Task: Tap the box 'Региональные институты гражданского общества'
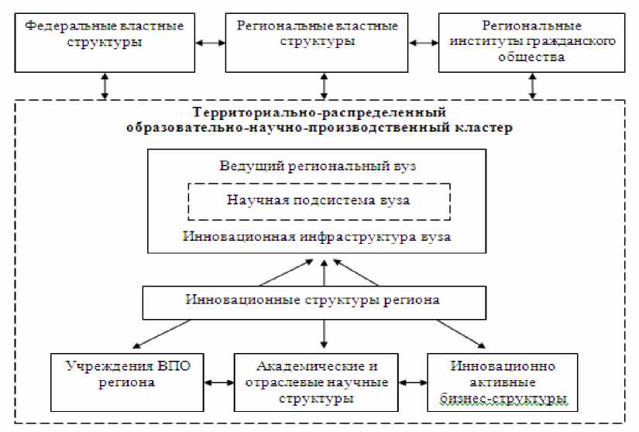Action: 531,43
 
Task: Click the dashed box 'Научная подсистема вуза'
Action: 319,201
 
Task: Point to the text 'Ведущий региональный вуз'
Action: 318,167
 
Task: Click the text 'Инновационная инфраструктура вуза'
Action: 318,236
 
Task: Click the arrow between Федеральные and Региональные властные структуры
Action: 209,43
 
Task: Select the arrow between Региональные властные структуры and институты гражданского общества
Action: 424,43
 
